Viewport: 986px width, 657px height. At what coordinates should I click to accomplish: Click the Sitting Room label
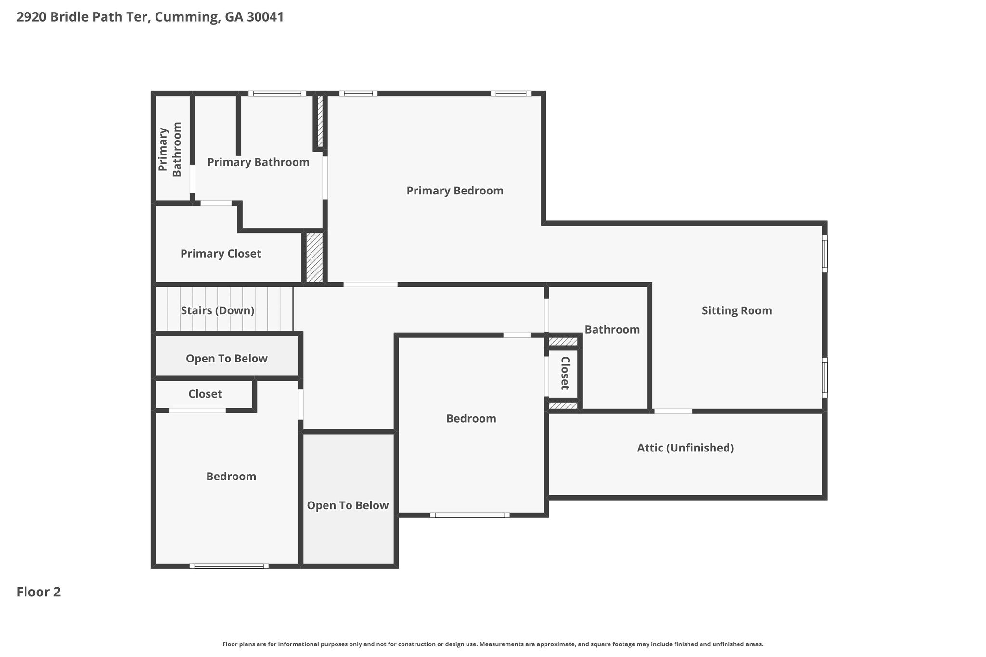coord(737,311)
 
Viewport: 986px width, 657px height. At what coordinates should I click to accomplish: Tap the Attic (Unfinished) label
coord(685,448)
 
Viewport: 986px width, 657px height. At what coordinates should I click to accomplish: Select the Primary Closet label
coord(221,254)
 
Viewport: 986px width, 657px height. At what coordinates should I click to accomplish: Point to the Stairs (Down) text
coord(218,311)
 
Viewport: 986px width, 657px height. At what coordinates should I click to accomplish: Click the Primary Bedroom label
coord(455,191)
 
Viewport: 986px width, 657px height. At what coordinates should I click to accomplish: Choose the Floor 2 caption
coord(39,592)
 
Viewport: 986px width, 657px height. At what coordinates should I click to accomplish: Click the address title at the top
coord(150,17)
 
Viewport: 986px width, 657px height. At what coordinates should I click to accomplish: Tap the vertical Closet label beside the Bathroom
coord(565,373)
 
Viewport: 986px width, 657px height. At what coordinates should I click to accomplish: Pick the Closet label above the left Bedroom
coord(205,394)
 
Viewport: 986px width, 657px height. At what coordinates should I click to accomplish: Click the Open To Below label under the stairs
coord(226,359)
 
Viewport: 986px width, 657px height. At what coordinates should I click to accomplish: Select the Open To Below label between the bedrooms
coord(348,505)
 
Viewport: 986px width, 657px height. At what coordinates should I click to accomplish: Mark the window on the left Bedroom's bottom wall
coord(229,566)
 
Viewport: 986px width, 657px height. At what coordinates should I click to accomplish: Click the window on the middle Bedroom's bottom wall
coord(470,515)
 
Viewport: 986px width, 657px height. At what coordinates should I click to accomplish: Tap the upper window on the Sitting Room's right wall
coord(824,254)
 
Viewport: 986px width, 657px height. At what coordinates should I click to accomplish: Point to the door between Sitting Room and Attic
coord(673,411)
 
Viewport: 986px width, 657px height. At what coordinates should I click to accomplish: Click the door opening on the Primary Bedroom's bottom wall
coord(370,284)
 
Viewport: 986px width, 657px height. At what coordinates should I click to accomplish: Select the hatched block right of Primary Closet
coord(314,258)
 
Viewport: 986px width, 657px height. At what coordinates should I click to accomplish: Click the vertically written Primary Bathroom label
coord(170,149)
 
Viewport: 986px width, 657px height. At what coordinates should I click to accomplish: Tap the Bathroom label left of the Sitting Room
coord(612,330)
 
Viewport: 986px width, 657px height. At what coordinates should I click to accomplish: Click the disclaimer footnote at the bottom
coord(493,644)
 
